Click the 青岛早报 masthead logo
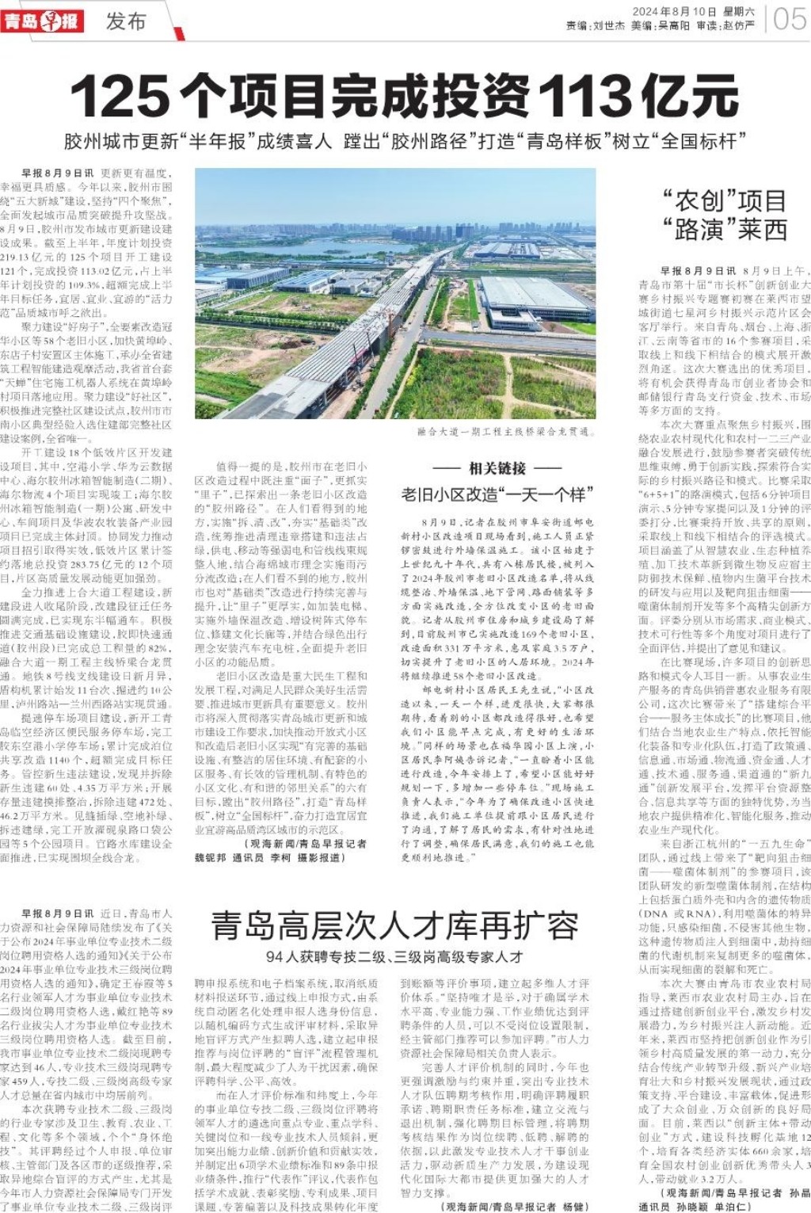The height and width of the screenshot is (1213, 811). point(42,20)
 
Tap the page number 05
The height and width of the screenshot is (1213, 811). point(790,18)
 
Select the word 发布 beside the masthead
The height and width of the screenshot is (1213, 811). point(126,21)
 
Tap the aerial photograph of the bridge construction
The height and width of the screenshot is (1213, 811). point(395,293)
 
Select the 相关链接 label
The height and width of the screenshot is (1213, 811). point(497,468)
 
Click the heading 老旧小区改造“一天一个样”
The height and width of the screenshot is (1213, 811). point(497,495)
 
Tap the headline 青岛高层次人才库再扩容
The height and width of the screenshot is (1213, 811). point(394,925)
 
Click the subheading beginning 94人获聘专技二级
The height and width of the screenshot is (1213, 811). point(394,956)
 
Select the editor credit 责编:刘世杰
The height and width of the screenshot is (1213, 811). point(596,26)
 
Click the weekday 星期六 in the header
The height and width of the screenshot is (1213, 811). point(738,12)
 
